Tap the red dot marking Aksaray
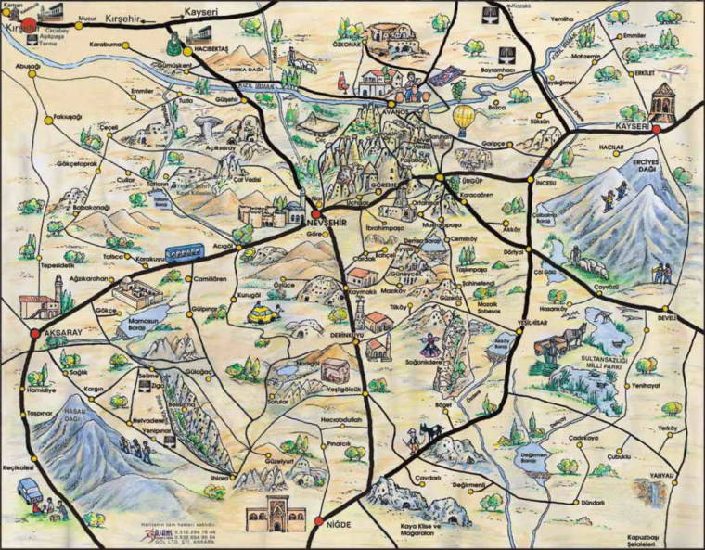[x=35, y=333]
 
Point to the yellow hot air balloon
[x=464, y=119]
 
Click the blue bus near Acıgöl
[x=186, y=253]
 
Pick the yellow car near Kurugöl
[x=263, y=313]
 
